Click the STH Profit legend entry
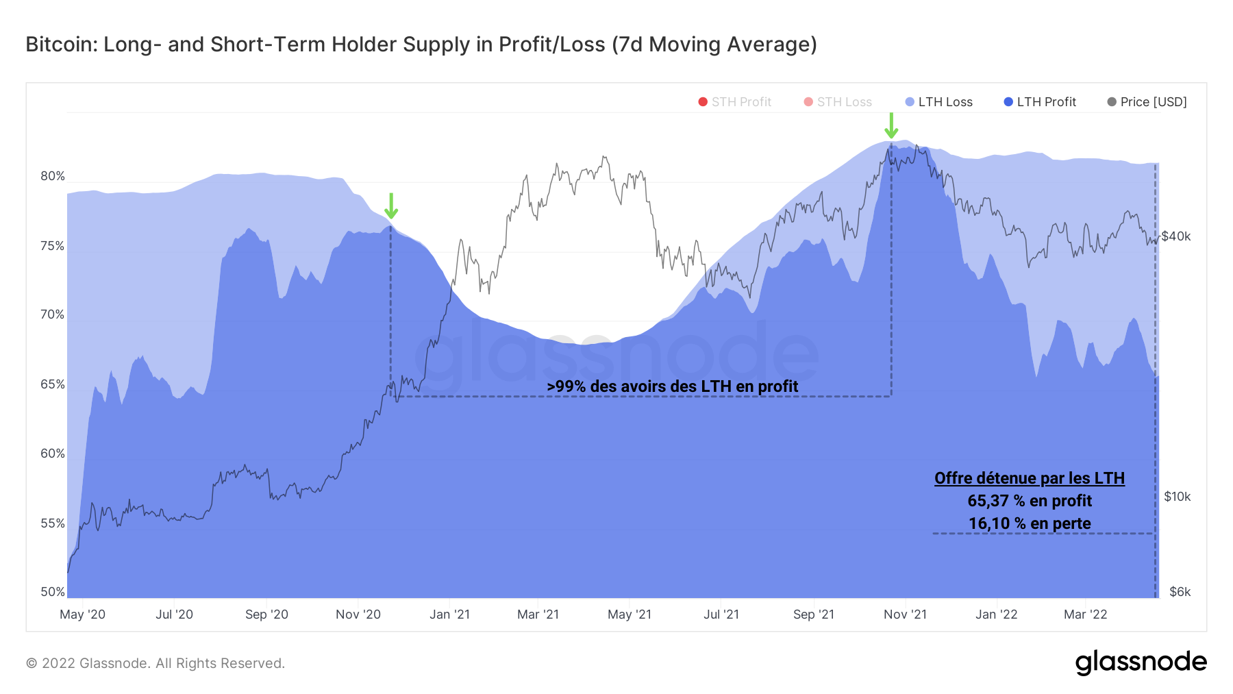point(734,102)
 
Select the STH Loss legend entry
point(838,102)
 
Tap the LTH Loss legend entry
point(939,102)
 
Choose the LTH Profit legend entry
point(1040,102)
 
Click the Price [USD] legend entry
point(1147,102)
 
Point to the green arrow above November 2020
point(390,206)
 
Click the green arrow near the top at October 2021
point(891,126)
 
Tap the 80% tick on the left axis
point(53,176)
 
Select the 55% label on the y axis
point(53,523)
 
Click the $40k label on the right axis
point(1176,236)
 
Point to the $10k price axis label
point(1177,497)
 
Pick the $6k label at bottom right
point(1180,592)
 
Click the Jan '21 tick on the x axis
point(449,615)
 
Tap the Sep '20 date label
point(266,615)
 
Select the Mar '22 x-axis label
point(1085,615)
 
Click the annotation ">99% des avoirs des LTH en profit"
point(672,386)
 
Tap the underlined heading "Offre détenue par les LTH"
point(1029,478)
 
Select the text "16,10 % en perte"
point(1029,523)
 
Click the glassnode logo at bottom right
point(1141,662)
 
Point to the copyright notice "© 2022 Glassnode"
point(155,663)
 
